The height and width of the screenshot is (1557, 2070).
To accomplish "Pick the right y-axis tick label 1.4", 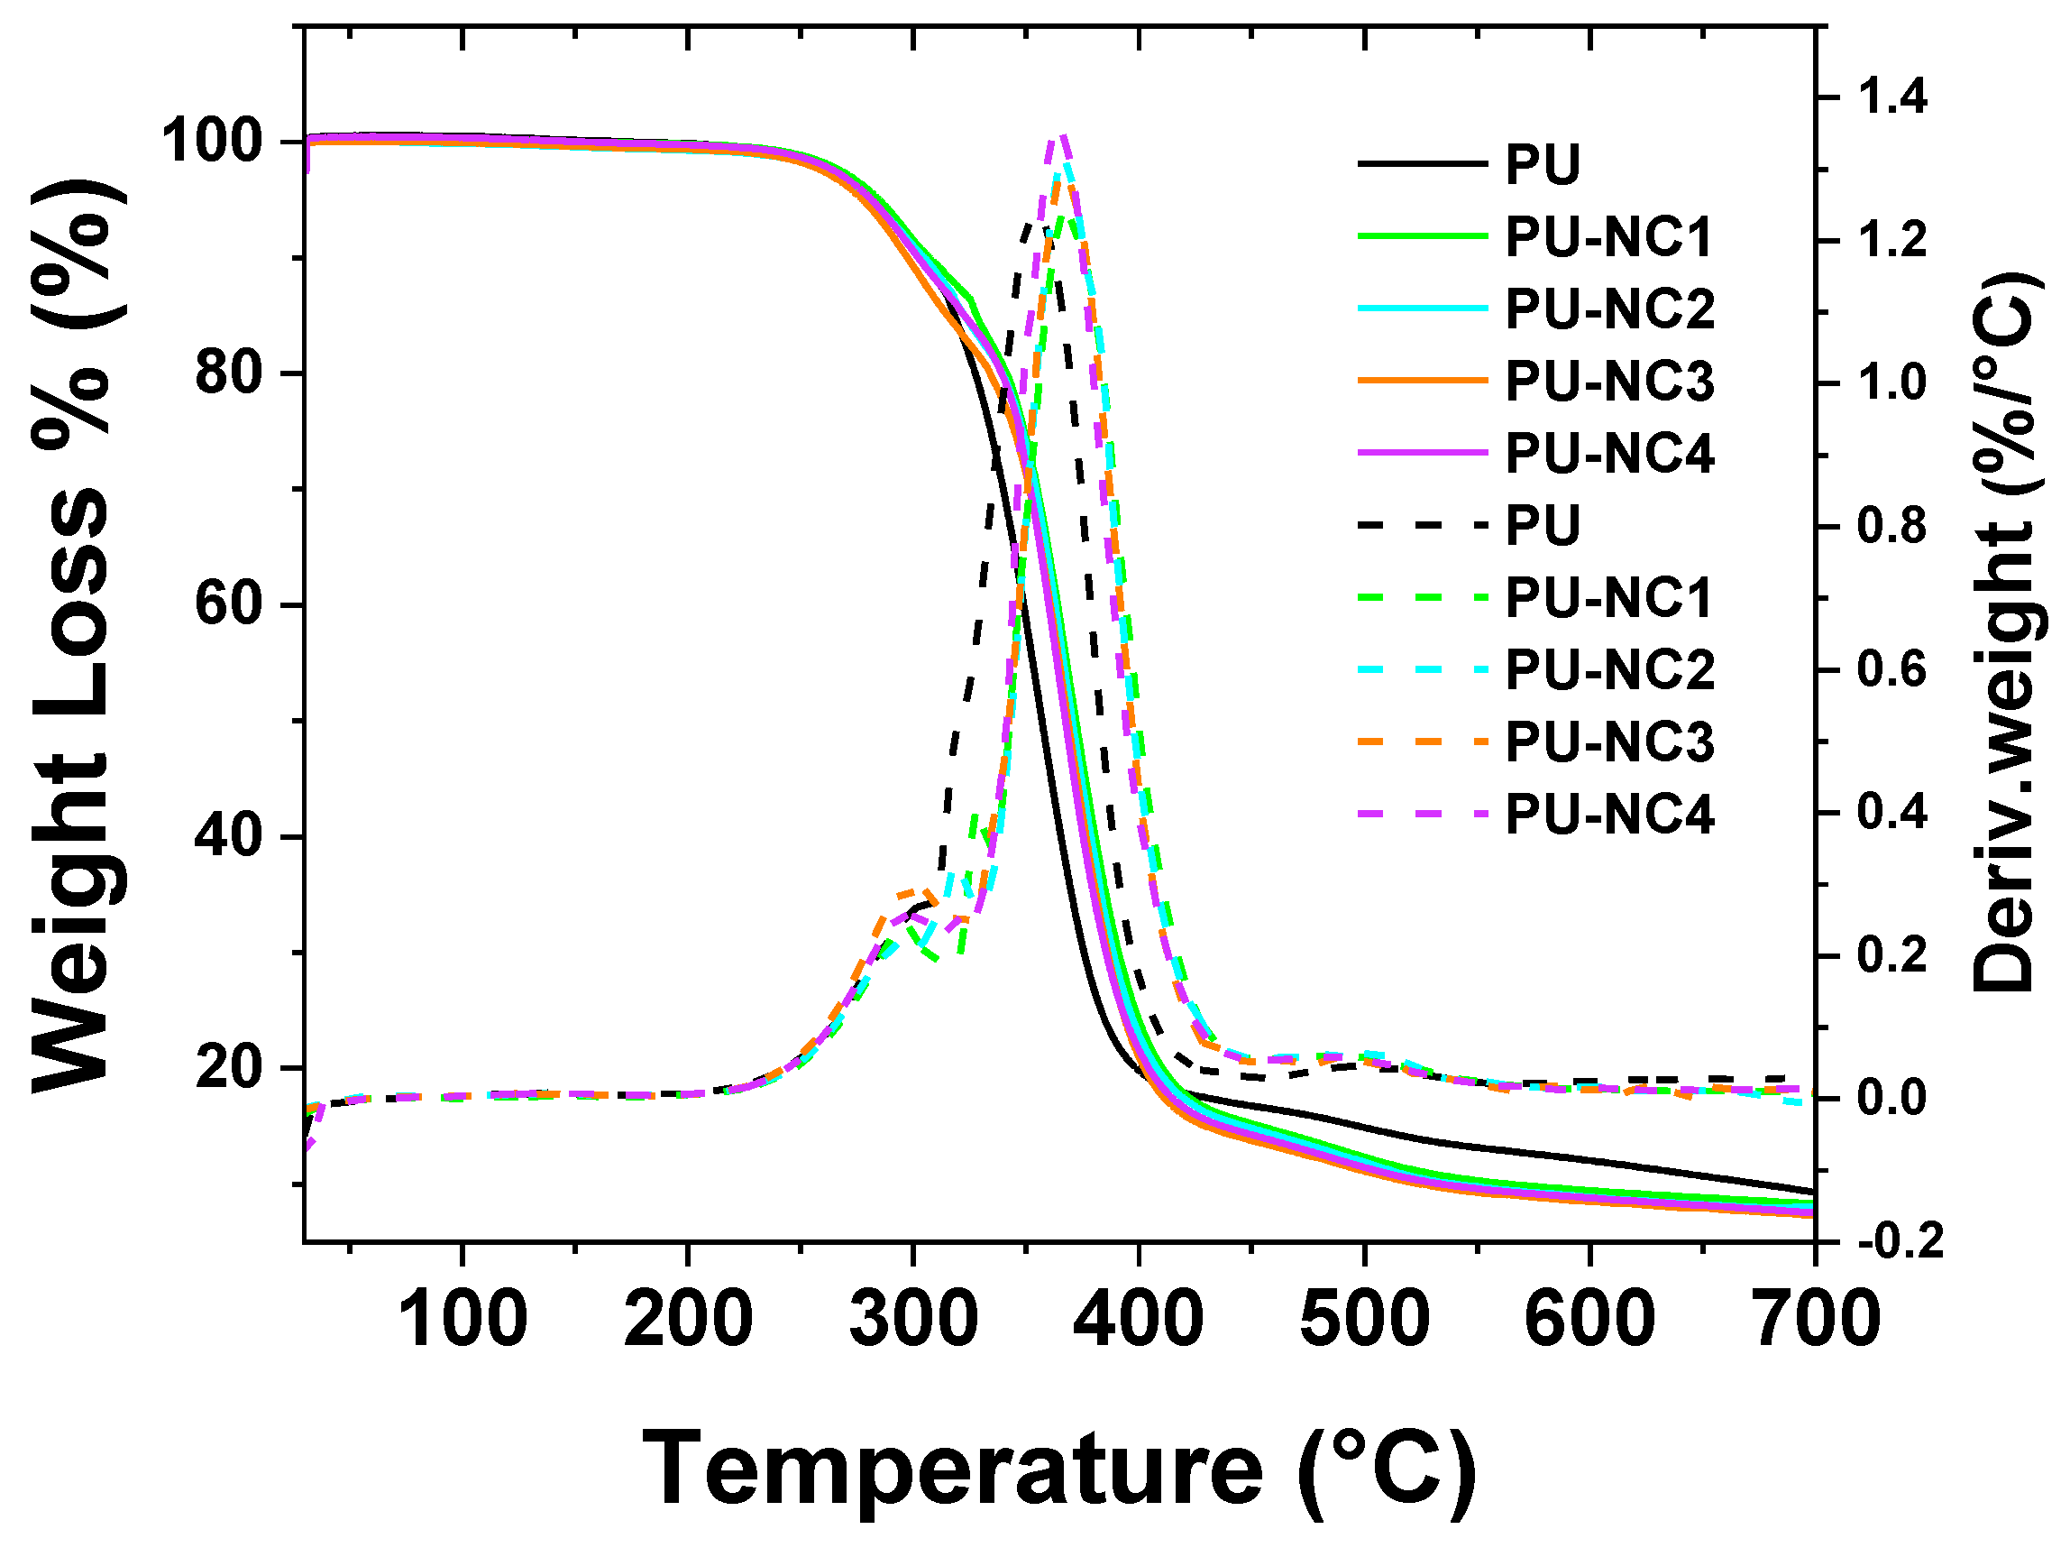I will pos(1892,97).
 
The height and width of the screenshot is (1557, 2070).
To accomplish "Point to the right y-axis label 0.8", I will pos(1892,527).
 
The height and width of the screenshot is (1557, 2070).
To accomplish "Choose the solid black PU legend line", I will pos(1423,165).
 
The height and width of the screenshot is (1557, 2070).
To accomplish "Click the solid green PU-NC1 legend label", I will pos(1608,237).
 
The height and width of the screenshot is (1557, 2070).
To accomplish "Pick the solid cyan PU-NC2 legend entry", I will pos(1534,309).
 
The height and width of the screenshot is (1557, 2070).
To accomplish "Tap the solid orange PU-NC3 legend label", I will pos(1608,381).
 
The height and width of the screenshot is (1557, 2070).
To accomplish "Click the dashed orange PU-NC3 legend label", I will pos(1608,742).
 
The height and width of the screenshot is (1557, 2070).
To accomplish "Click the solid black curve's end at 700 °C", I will pos(1814,1191).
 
